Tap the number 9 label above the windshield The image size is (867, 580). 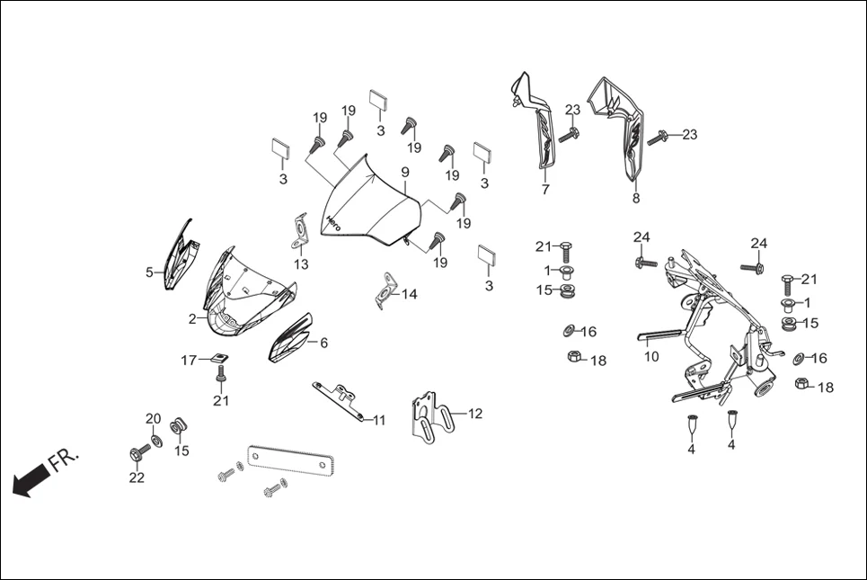pyautogui.click(x=405, y=172)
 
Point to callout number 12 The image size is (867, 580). pyautogui.click(x=475, y=414)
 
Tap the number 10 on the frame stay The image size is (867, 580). pyautogui.click(x=651, y=357)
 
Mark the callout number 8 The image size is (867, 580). pyautogui.click(x=636, y=199)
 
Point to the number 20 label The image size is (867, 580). pyautogui.click(x=153, y=419)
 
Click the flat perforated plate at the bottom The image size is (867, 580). pyautogui.click(x=290, y=459)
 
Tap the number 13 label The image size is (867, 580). pyautogui.click(x=301, y=264)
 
